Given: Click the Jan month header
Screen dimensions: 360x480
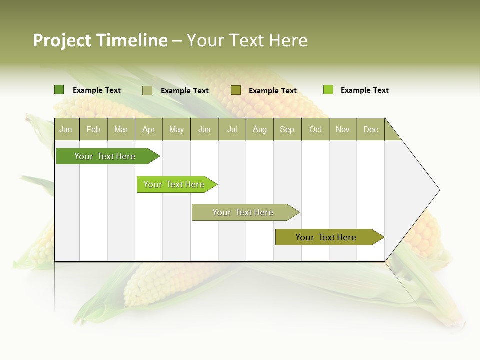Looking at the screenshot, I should tap(66, 129).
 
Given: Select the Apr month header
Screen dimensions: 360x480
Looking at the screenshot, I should tap(149, 129).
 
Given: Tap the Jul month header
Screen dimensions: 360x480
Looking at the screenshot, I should tap(232, 129).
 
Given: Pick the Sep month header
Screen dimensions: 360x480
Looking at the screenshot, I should tap(287, 129).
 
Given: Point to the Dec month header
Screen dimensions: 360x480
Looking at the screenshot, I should tap(370, 129).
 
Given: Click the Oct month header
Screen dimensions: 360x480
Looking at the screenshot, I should tap(315, 129).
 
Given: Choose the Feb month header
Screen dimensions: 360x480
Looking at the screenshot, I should tap(93, 129).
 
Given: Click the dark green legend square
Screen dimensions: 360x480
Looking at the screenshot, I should tap(59, 90).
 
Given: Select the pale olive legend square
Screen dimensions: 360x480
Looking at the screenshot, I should tap(147, 90).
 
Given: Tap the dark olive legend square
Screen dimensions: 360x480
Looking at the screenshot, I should tap(236, 90).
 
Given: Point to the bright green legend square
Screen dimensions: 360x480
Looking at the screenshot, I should tap(328, 90).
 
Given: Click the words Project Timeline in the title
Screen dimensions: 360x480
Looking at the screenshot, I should tap(100, 40).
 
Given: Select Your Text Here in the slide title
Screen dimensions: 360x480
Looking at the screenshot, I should tap(247, 40).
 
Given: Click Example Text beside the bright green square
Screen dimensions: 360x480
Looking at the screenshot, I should tap(364, 90).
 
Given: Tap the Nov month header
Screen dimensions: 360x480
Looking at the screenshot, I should tap(343, 129).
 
